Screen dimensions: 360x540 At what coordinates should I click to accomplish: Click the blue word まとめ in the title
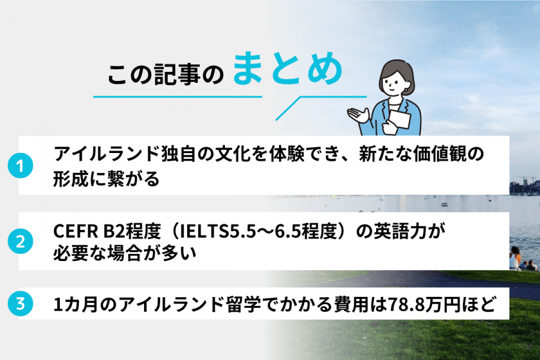coord(287,71)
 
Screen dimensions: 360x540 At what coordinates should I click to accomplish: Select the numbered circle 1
coord(20,166)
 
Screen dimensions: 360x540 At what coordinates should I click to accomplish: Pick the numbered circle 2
coord(20,242)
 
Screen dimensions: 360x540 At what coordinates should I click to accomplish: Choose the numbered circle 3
coord(20,305)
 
